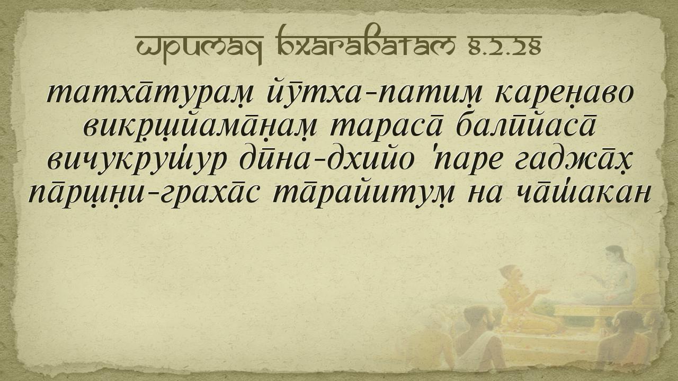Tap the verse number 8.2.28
pyautogui.click(x=505, y=46)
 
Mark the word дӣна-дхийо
pyautogui.click(x=326, y=159)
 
